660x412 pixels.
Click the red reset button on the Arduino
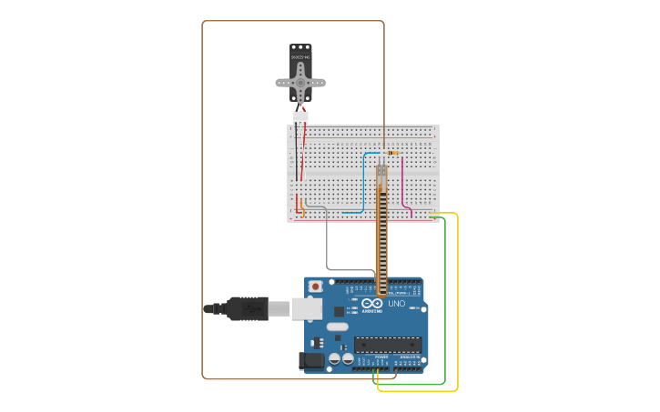point(315,286)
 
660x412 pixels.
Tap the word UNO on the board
point(397,303)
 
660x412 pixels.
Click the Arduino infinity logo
point(372,303)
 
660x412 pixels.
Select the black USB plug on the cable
point(246,309)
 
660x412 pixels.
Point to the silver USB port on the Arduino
point(307,309)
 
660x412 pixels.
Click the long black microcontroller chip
point(388,344)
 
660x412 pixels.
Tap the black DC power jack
point(312,360)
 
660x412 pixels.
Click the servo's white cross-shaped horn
point(300,82)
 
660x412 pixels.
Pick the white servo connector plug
point(300,116)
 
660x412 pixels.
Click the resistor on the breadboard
point(392,153)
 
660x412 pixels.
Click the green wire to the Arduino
point(445,300)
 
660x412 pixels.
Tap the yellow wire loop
point(457,300)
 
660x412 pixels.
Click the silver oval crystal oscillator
point(338,327)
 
